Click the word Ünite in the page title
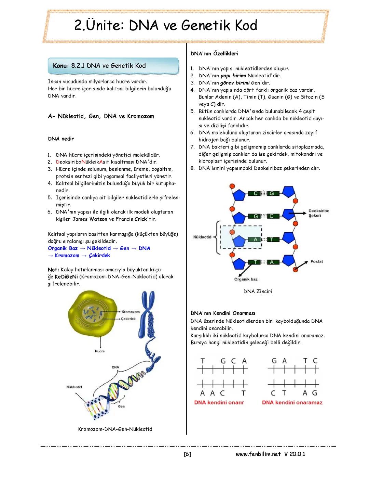[x=105, y=25]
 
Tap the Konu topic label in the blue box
[x=61, y=66]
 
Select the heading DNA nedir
[x=61, y=139]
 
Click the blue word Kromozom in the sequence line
[x=67, y=255]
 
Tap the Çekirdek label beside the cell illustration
[x=128, y=319]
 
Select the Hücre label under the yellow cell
[x=100, y=351]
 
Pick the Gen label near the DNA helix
[x=121, y=406]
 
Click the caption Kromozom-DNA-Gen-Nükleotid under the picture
[x=115, y=429]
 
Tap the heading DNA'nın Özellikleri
[x=214, y=53]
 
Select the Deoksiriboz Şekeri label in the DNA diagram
[x=318, y=213]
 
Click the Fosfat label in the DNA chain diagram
[x=316, y=261]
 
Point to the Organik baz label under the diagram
[x=246, y=279]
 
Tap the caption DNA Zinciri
[x=258, y=291]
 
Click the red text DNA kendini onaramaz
[x=292, y=402]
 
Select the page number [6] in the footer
[x=188, y=454]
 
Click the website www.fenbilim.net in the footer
[x=258, y=454]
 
